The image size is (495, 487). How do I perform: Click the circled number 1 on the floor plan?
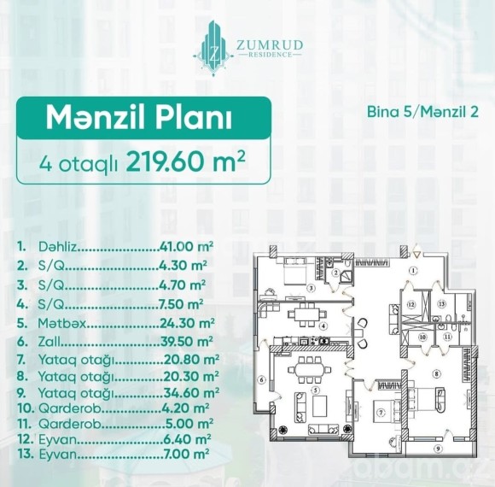413,271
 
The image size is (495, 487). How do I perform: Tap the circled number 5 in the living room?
315,390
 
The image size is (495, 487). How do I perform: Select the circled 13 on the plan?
441,304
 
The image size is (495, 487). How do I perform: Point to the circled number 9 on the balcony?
438,449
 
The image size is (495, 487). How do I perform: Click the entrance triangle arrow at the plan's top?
416,255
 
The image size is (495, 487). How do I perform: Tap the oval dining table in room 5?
310,371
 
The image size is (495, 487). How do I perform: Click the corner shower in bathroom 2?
346,276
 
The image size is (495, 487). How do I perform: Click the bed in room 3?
296,273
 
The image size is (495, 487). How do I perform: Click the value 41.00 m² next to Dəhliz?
186,247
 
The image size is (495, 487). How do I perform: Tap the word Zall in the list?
49,342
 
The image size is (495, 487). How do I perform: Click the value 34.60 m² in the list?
191,393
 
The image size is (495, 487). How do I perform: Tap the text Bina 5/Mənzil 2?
422,112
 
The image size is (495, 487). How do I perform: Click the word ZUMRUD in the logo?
270,45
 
